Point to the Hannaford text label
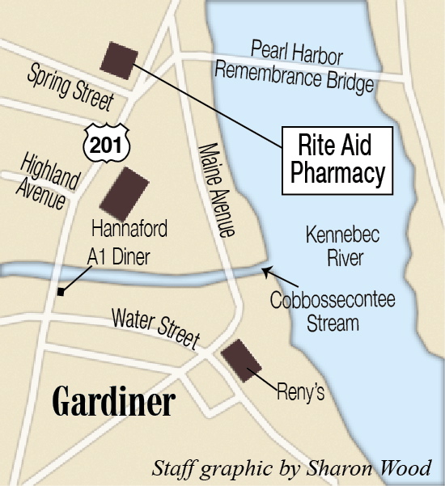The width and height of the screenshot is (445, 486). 129,230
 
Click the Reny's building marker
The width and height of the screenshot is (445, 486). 241,360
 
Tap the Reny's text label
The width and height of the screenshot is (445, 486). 300,392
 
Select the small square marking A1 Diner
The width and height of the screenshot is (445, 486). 61,292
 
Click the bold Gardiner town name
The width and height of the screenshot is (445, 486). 114,403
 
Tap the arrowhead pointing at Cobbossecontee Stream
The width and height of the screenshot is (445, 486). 267,272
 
